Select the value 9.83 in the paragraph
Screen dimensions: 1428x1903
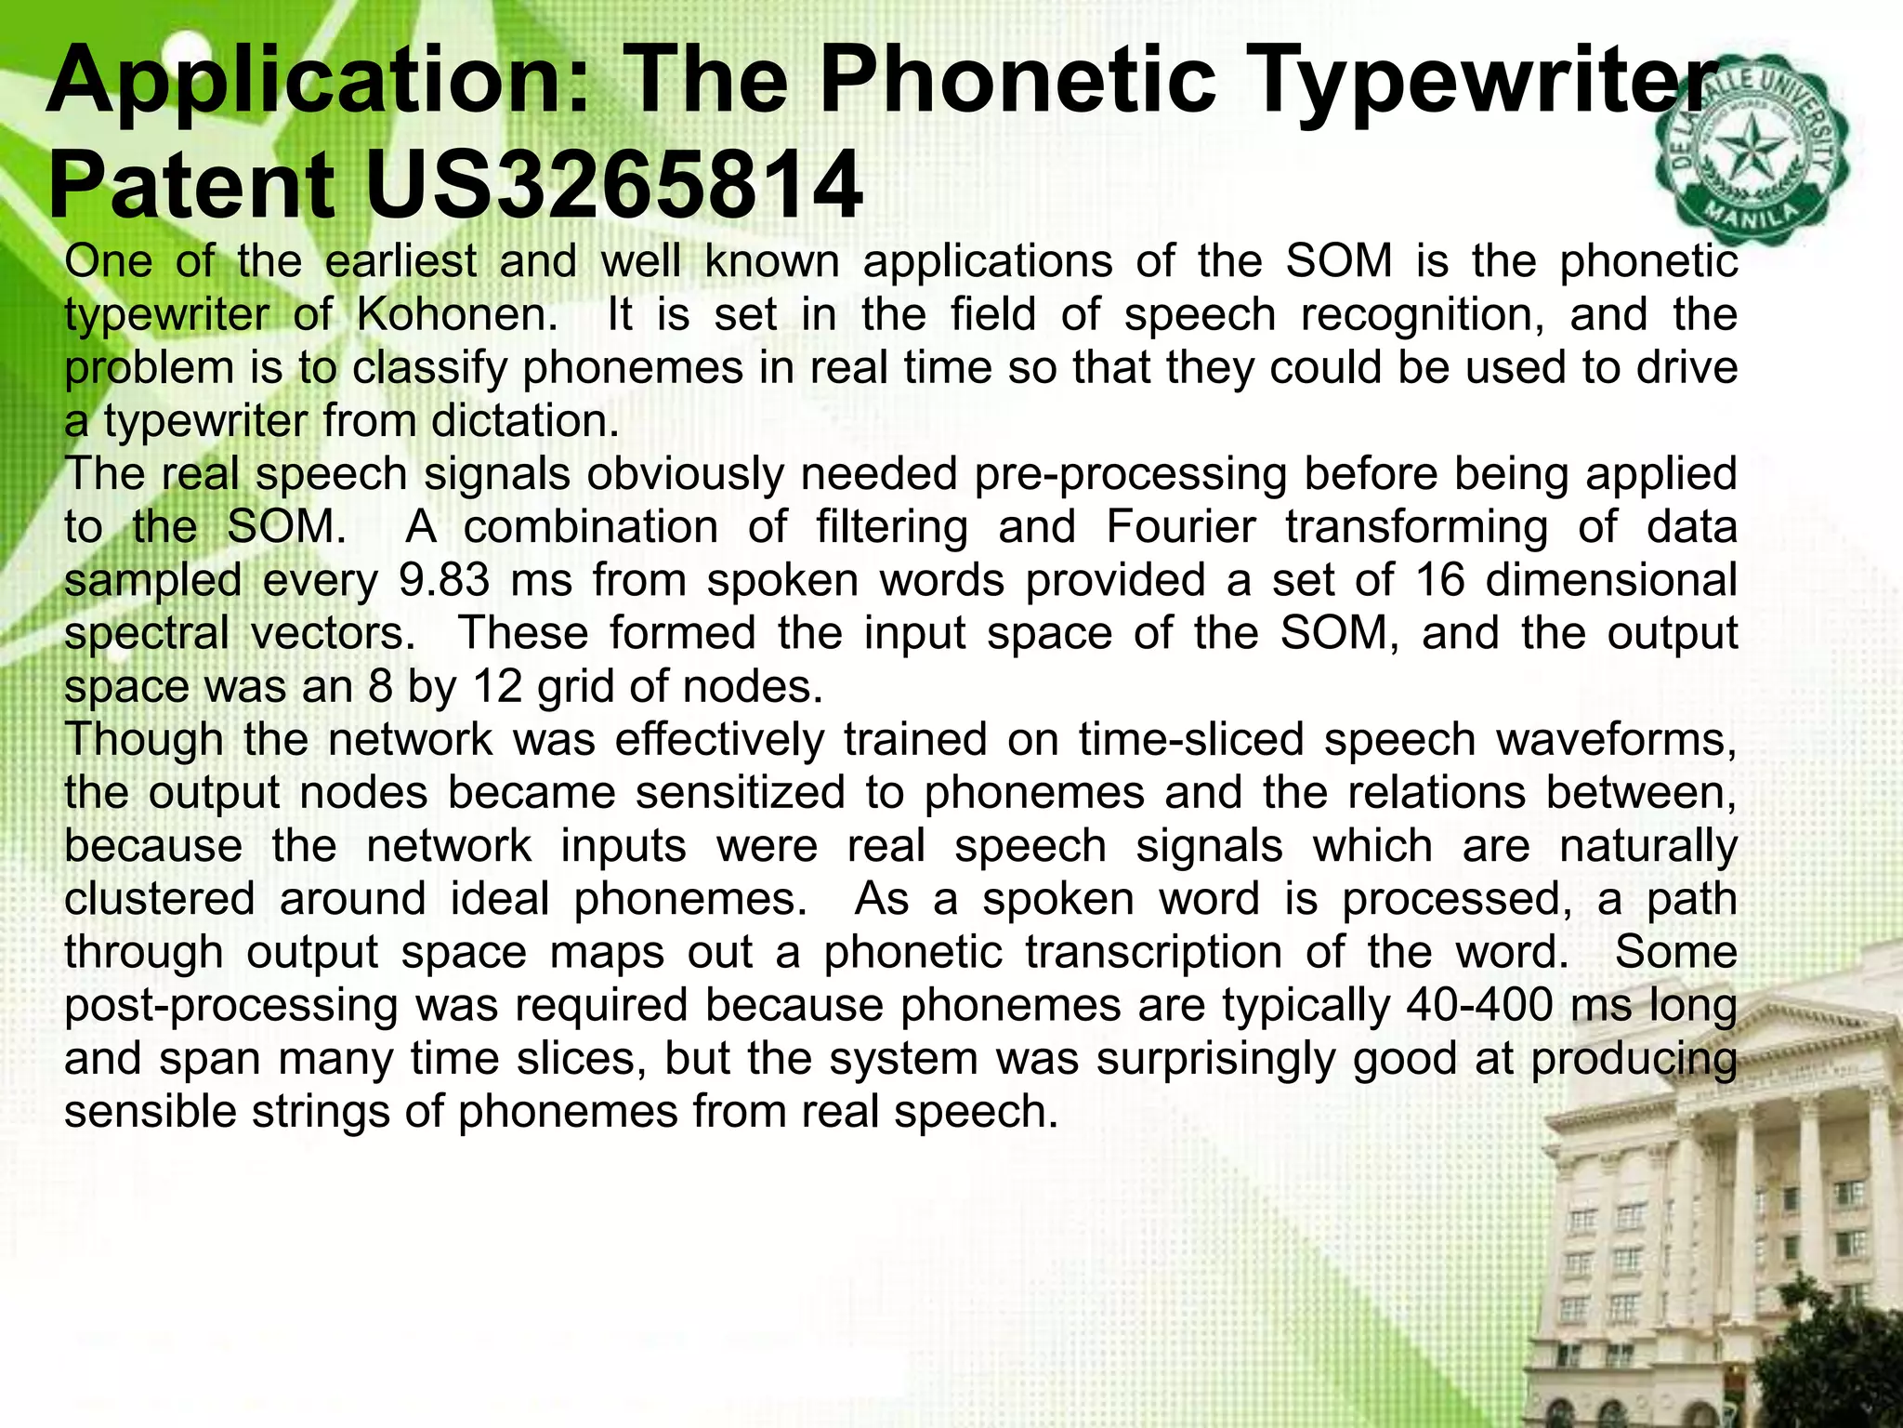coord(443,580)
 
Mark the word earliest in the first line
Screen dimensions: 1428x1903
coord(400,261)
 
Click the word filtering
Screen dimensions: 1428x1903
coord(891,527)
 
